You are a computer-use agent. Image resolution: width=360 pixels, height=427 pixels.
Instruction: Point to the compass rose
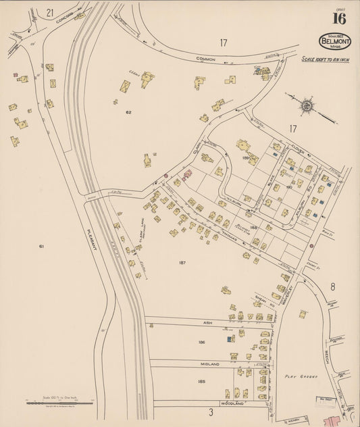pyautogui.click(x=307, y=105)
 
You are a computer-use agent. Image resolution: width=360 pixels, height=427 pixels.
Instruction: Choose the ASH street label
pyautogui.click(x=208, y=323)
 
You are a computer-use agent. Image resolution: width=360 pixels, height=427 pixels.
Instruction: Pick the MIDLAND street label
pyautogui.click(x=209, y=364)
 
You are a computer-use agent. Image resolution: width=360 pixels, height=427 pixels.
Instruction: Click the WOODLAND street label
pyautogui.click(x=228, y=404)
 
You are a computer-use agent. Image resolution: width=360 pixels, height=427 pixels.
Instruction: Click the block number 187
pyautogui.click(x=182, y=262)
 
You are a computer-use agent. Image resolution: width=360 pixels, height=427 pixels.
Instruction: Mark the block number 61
pyautogui.click(x=41, y=247)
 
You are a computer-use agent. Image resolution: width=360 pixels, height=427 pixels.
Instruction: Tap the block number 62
pyautogui.click(x=127, y=111)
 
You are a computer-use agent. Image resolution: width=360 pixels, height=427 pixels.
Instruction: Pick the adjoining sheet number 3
pyautogui.click(x=211, y=411)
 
